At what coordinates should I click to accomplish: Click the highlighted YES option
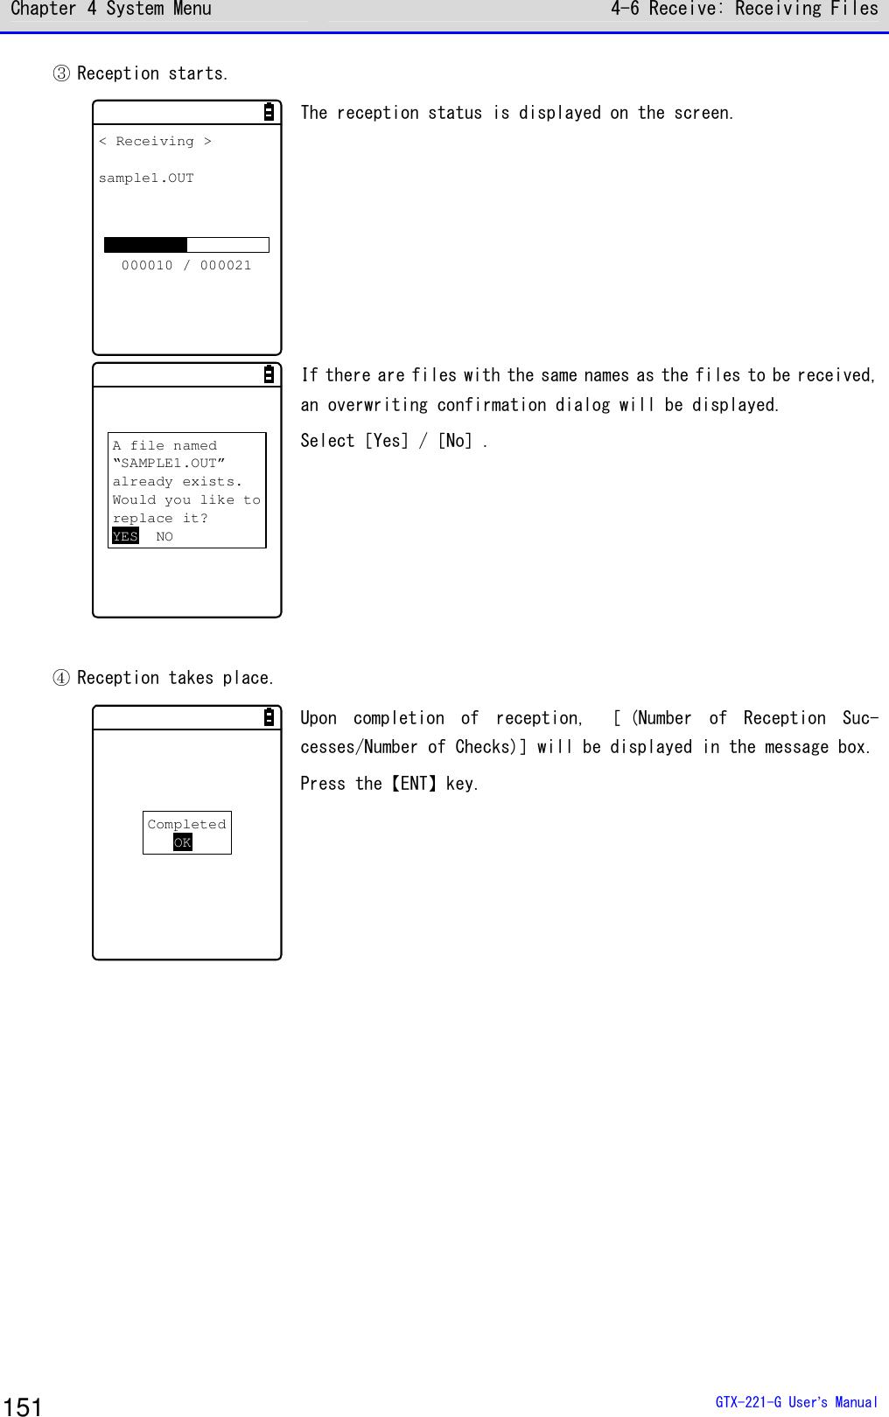point(125,536)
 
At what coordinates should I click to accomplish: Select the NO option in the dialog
point(164,536)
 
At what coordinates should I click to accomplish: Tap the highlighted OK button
point(182,842)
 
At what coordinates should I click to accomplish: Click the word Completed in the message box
point(186,824)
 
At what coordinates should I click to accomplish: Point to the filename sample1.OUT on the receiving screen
point(146,178)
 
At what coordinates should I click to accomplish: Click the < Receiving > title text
point(155,141)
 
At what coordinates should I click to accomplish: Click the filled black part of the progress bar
point(145,245)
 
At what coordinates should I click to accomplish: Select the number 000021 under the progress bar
point(226,265)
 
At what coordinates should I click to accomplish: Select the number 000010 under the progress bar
point(147,265)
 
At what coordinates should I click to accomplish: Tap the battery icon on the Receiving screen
point(269,112)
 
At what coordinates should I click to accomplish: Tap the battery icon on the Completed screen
point(269,717)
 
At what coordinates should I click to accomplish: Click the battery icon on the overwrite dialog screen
point(269,374)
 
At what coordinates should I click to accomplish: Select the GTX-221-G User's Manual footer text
point(795,1402)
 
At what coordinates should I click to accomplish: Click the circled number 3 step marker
point(61,73)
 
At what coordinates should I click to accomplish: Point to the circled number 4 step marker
point(61,678)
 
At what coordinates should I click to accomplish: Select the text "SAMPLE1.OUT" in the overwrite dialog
point(169,463)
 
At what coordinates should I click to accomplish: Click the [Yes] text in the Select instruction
point(386,441)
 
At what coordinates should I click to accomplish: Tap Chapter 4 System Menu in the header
point(111,10)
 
